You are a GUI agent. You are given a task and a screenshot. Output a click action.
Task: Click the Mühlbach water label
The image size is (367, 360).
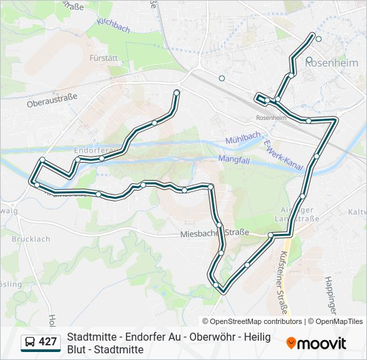242,137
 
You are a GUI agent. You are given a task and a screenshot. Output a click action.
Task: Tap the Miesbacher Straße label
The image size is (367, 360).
215,233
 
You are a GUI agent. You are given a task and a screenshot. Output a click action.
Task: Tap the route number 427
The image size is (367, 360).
48,342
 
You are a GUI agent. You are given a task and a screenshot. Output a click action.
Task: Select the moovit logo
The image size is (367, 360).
316,343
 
